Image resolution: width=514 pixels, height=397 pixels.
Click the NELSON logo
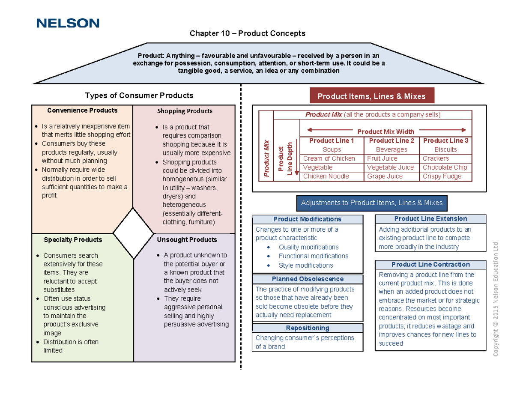pos(68,23)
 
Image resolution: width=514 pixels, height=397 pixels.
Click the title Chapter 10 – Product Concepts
pos(248,33)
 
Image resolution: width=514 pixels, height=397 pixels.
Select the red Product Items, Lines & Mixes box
pos(371,96)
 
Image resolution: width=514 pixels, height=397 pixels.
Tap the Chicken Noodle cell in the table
pos(326,176)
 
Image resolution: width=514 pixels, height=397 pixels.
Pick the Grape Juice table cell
pos(385,176)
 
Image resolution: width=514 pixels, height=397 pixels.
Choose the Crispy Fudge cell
pos(442,176)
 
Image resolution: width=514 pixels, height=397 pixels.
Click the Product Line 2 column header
pos(391,141)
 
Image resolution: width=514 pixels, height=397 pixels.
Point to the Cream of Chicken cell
pos(329,158)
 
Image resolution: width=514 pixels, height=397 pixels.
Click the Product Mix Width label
pos(386,131)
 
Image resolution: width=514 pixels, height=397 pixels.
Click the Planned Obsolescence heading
pos(308,279)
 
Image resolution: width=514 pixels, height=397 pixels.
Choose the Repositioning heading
pos(308,328)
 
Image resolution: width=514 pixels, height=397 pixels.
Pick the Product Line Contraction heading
pos(430,265)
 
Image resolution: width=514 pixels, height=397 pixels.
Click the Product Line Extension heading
pos(430,219)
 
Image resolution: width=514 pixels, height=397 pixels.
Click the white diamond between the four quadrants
pos(133,233)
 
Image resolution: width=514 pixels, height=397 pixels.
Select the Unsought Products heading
pos(187,240)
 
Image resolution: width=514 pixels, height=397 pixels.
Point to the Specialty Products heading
pos(73,240)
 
